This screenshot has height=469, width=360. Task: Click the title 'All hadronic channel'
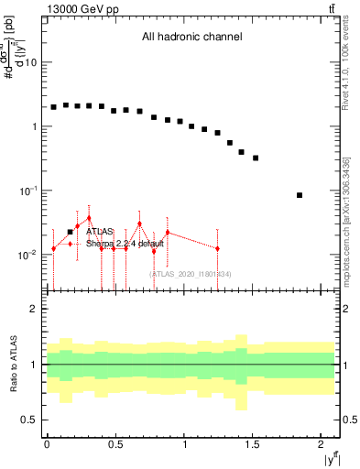[191, 38]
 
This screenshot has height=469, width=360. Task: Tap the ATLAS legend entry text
[101, 232]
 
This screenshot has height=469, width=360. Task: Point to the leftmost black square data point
[54, 107]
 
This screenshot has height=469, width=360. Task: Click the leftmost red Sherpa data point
[54, 248]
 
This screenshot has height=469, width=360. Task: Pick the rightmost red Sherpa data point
[217, 248]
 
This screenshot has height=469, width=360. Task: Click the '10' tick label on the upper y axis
[31, 62]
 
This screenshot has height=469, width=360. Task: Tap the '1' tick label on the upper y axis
[35, 126]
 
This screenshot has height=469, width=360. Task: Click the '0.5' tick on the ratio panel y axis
[30, 420]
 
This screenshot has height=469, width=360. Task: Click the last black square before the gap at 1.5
[256, 158]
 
